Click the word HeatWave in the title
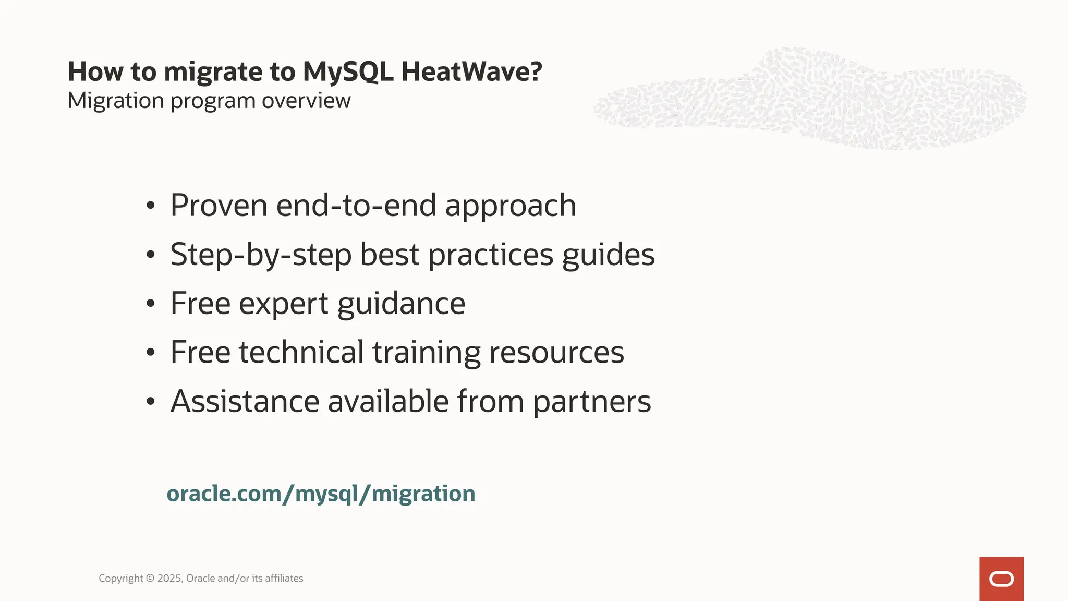pos(471,71)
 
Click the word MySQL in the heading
pos(348,71)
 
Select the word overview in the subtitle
pos(306,100)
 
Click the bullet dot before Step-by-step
pos(151,255)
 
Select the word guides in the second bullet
pos(608,255)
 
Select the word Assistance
pos(245,401)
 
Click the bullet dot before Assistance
pos(151,401)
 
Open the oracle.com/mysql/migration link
pos(321,494)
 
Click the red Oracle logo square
pos(1001,579)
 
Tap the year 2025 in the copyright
pos(169,578)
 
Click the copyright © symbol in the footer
pos(150,578)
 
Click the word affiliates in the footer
pos(284,578)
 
